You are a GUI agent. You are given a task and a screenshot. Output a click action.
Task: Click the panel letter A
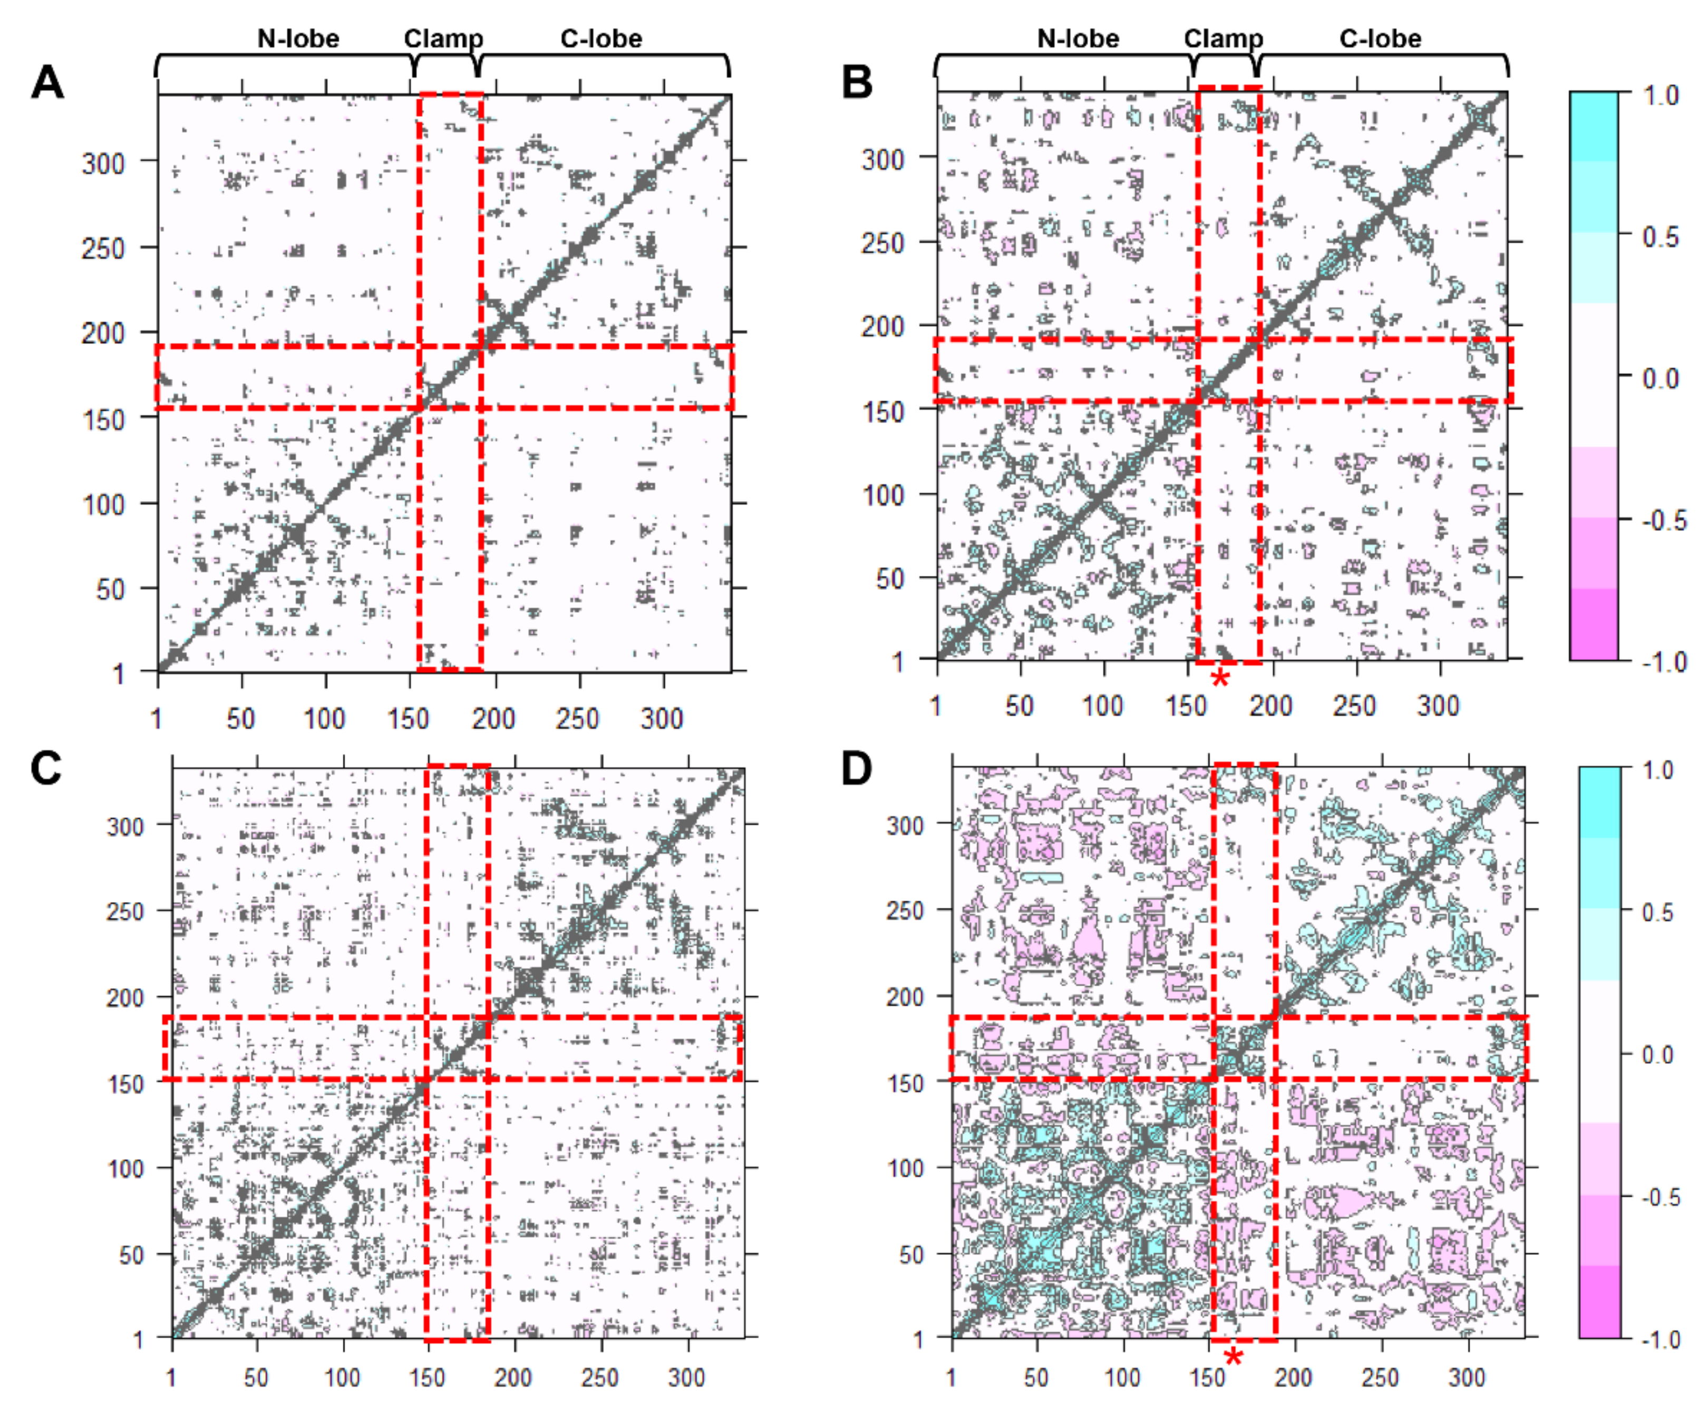[x=46, y=82]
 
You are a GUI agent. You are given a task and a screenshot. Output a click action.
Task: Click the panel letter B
[x=857, y=82]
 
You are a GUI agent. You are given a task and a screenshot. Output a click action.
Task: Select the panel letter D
[x=857, y=767]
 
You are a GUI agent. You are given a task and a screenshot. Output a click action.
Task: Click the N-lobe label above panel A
[x=298, y=38]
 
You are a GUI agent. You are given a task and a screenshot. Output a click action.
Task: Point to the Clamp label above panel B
[x=1223, y=38]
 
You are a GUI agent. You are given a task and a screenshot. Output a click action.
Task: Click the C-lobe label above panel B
[x=1380, y=38]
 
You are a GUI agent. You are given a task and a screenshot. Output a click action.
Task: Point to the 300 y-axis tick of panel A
[x=103, y=163]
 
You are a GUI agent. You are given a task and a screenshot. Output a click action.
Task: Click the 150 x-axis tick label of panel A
[x=409, y=719]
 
